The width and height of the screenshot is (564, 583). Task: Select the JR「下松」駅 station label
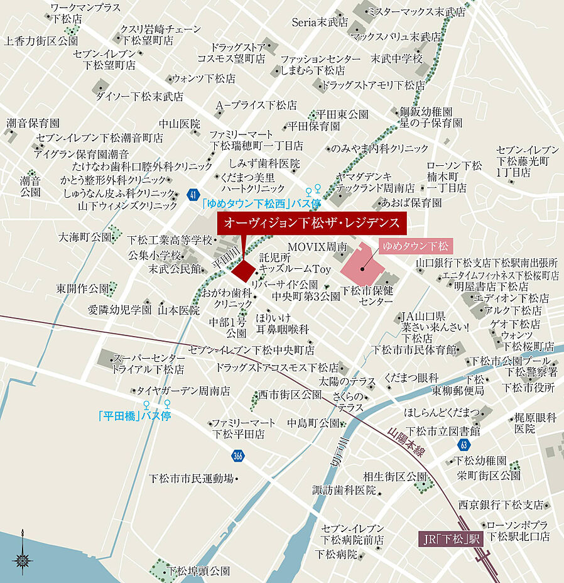(450, 538)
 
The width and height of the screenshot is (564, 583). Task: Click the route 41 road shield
(192, 195)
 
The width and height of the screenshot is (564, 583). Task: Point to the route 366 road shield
(237, 455)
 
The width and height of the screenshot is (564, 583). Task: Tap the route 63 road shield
(464, 445)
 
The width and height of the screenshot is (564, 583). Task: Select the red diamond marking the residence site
(243, 270)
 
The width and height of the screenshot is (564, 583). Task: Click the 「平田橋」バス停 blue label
(134, 416)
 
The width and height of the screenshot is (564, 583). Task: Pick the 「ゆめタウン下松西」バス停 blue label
(262, 204)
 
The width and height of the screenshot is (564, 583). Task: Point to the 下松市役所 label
(528, 388)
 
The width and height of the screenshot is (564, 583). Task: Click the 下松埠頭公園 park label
(197, 572)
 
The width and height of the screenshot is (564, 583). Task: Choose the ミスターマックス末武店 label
(416, 12)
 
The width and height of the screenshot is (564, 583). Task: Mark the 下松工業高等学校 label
(170, 239)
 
